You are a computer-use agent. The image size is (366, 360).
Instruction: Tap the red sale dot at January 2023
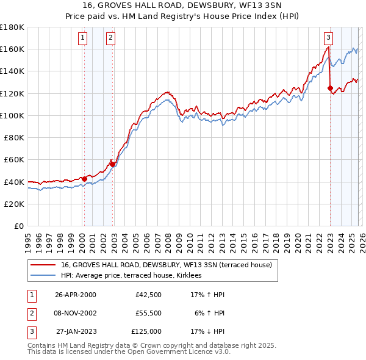point(330,88)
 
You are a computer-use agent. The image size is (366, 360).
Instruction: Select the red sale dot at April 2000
point(84,179)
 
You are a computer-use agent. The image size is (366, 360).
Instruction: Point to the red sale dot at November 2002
point(112,164)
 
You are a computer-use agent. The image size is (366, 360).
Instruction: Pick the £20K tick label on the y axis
point(14,204)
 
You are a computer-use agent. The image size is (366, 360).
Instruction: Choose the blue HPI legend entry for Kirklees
point(135,276)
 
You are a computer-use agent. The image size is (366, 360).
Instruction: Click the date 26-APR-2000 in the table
point(76,295)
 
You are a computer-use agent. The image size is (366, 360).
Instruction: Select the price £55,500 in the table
point(149,313)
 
